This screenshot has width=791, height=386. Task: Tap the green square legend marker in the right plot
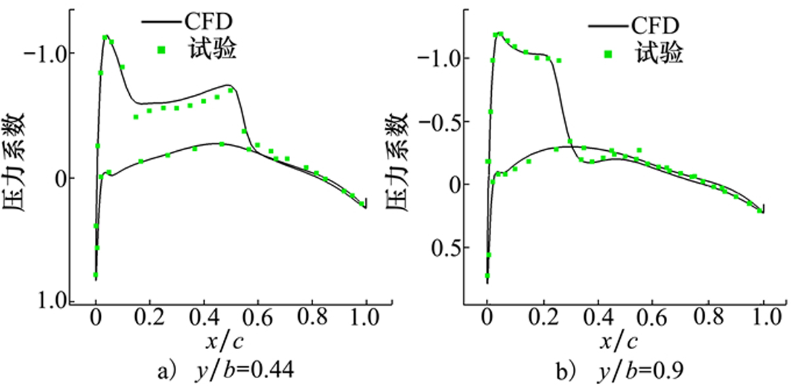(x=610, y=54)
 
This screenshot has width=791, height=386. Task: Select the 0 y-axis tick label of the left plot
(x=60, y=178)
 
